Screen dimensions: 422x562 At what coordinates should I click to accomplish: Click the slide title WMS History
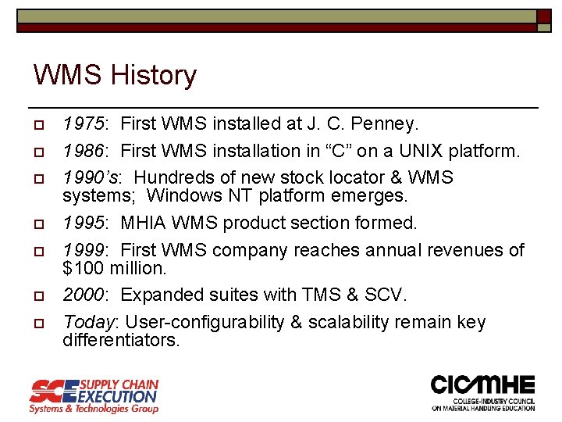click(x=115, y=76)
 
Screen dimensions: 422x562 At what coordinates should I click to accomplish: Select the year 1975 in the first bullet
click(x=85, y=123)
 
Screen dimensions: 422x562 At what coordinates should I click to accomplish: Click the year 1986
click(x=85, y=150)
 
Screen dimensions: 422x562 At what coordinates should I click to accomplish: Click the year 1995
click(x=85, y=223)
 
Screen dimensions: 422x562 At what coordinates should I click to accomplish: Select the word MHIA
click(x=144, y=223)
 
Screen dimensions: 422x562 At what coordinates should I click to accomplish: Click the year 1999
click(x=85, y=250)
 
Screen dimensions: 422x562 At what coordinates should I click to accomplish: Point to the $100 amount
click(x=78, y=268)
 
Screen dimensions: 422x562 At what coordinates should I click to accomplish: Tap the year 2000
click(x=85, y=295)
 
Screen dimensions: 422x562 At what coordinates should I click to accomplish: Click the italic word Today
click(x=88, y=322)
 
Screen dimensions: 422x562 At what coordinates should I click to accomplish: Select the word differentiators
click(x=121, y=341)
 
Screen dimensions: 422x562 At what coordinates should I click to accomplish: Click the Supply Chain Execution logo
click(x=94, y=395)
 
